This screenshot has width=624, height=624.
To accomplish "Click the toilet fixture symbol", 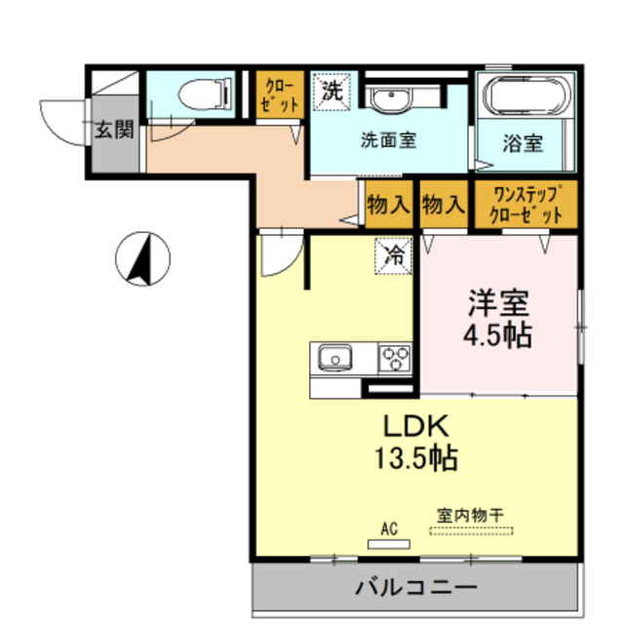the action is click(205, 94).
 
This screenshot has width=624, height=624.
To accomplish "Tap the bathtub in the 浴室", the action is click(526, 96).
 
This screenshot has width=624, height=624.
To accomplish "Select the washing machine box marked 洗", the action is click(331, 91).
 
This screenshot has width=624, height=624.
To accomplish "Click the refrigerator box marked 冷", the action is click(393, 255).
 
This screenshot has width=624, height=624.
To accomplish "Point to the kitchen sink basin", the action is click(335, 357).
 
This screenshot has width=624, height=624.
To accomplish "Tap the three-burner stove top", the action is click(395, 358).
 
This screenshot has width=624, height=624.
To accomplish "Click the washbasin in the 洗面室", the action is click(390, 97).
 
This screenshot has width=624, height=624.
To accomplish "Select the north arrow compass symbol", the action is click(143, 259).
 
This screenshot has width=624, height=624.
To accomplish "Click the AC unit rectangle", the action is click(388, 544).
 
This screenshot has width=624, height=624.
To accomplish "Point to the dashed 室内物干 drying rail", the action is click(471, 530).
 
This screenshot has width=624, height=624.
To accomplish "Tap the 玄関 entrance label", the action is click(115, 130).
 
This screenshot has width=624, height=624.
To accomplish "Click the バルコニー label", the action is click(416, 587).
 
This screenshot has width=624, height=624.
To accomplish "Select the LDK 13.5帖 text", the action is click(416, 442).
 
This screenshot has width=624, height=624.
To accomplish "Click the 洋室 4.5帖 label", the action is click(498, 319).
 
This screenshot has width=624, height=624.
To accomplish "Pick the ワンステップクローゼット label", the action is click(526, 205).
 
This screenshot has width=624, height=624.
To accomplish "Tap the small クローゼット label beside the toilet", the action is click(280, 96).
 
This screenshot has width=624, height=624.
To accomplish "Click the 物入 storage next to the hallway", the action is click(388, 205).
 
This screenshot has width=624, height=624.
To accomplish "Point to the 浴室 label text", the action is click(523, 143).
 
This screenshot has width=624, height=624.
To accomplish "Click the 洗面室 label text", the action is click(388, 140).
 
